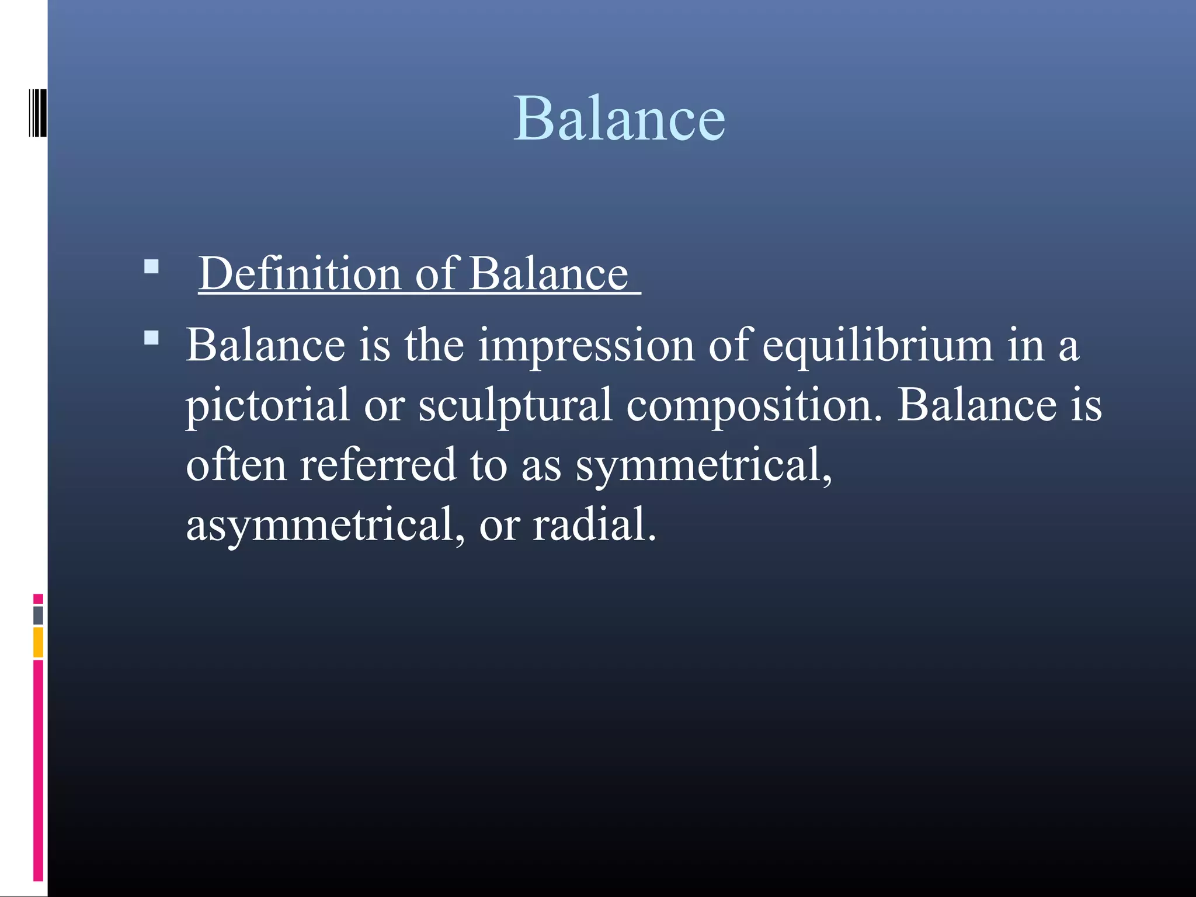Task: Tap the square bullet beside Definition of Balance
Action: pyautogui.click(x=151, y=267)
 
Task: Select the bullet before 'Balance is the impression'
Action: pyautogui.click(x=151, y=338)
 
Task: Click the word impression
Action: pyautogui.click(x=586, y=346)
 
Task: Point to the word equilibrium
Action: pyautogui.click(x=878, y=346)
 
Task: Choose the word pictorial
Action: pyautogui.click(x=267, y=405)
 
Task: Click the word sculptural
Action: pyautogui.click(x=515, y=405)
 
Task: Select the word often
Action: pyautogui.click(x=236, y=465)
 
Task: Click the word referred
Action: pyautogui.click(x=378, y=465)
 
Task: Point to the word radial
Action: pyautogui.click(x=594, y=524)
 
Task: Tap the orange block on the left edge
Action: pyautogui.click(x=38, y=642)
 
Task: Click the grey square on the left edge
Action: pyautogui.click(x=38, y=615)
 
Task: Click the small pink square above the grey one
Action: pyautogui.click(x=38, y=599)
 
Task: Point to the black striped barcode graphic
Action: pyautogui.click(x=37, y=113)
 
